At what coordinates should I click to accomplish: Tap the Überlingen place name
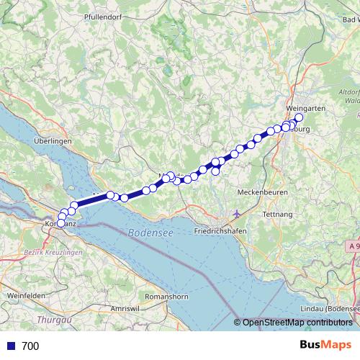tap(53, 142)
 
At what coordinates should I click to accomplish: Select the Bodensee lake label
tap(150, 233)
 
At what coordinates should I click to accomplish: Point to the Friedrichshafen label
tap(222, 230)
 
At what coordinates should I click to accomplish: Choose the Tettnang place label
tap(277, 215)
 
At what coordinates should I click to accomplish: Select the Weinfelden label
tap(25, 296)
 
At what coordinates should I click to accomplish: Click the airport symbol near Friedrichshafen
tap(238, 215)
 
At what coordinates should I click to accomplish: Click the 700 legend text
tap(30, 346)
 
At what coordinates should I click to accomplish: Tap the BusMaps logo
tap(325, 346)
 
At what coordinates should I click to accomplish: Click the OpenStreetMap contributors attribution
tap(297, 323)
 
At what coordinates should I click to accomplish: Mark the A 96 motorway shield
tap(351, 246)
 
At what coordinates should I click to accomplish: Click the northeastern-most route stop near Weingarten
tap(299, 118)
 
